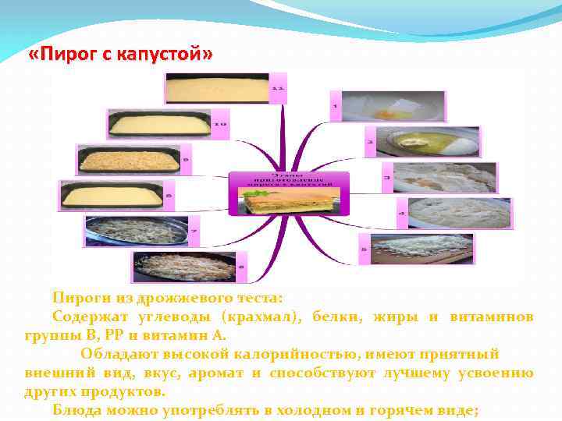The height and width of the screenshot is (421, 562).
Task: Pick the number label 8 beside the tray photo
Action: [x=168, y=190]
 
